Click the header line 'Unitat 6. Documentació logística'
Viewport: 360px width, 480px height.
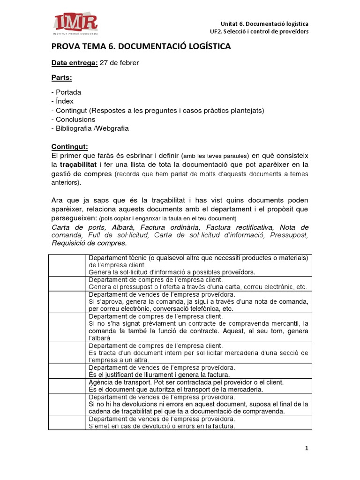(264, 23)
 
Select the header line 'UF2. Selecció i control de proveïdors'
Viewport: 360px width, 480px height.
(259, 31)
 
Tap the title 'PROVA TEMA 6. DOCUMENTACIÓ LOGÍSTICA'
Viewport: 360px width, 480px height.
(141, 47)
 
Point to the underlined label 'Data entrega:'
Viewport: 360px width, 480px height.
(75, 63)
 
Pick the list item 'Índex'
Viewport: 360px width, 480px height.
(64, 101)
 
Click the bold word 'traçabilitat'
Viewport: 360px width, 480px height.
(80, 165)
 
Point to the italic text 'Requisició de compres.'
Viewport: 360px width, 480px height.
(89, 243)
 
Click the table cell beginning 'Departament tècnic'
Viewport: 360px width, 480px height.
(199, 265)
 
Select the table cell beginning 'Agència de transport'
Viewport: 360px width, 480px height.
(199, 386)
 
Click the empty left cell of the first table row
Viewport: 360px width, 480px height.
(67, 265)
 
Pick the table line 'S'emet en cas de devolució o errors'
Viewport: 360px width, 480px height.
(161, 426)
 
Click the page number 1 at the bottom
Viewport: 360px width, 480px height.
(307, 449)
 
